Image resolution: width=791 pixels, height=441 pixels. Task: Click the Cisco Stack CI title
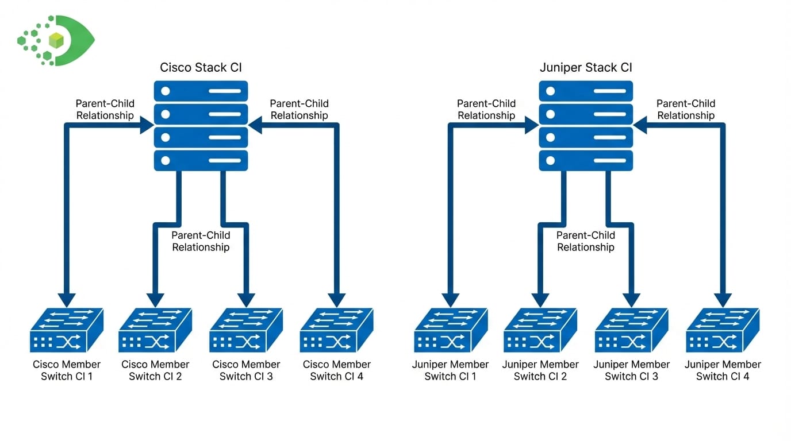(201, 68)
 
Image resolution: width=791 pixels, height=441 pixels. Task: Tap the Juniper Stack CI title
(586, 68)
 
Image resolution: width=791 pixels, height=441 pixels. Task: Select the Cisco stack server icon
(201, 126)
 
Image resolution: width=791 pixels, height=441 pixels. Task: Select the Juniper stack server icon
(586, 126)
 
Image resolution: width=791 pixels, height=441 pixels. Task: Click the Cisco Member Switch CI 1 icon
(66, 331)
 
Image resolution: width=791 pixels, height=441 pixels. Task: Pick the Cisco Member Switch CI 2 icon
(155, 331)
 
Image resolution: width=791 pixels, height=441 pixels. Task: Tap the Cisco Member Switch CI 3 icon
(246, 331)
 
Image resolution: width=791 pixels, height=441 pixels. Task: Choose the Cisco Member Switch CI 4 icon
(336, 331)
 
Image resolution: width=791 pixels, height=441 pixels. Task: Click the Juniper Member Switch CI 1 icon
(451, 331)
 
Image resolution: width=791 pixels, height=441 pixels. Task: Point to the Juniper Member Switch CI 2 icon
(540, 331)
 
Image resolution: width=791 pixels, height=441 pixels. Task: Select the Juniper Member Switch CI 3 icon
(631, 331)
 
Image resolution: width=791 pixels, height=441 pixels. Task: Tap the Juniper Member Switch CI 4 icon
(723, 331)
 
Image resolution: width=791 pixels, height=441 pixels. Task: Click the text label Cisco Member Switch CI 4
(336, 370)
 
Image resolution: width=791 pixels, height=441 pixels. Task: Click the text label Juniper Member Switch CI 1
(451, 370)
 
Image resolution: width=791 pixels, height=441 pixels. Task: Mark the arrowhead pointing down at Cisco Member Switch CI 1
(67, 300)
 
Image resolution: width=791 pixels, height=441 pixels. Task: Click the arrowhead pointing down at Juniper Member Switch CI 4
(723, 300)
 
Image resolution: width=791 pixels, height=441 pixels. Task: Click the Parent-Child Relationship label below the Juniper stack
(586, 241)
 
